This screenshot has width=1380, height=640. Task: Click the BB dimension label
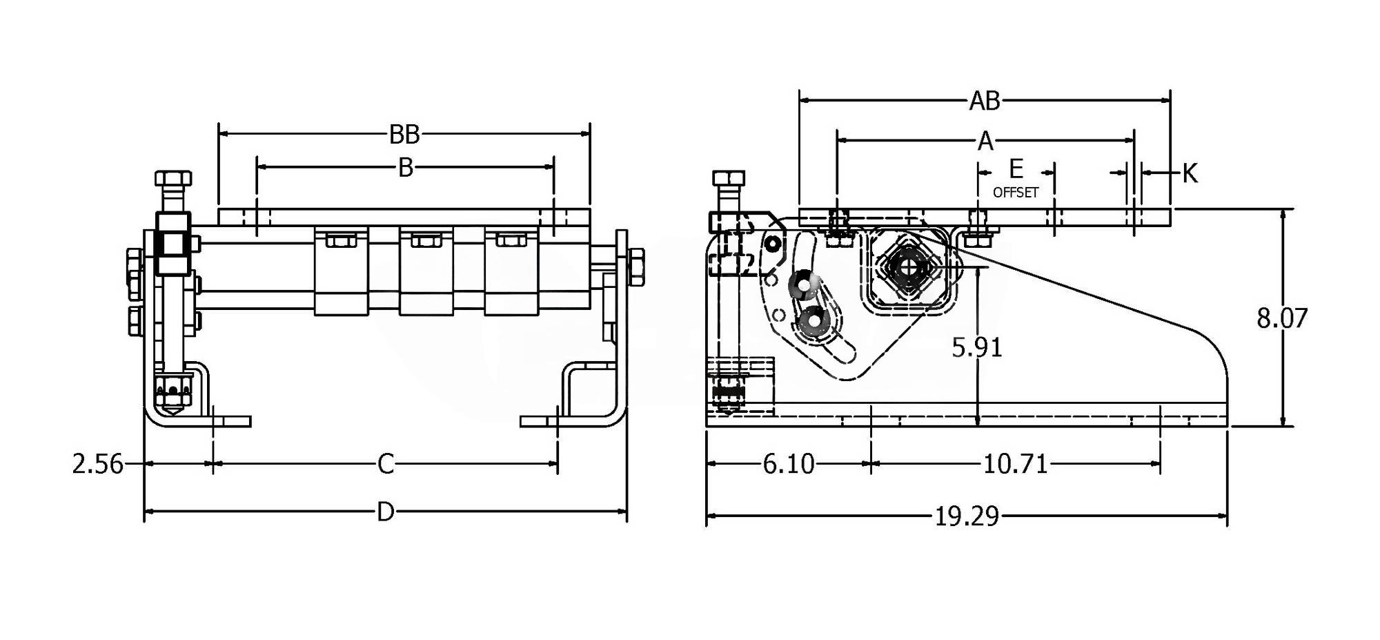click(404, 135)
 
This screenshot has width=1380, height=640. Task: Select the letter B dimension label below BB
click(406, 168)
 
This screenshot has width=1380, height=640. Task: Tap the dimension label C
click(386, 464)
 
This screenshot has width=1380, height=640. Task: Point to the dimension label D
click(386, 512)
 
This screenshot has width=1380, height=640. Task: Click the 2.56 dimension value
click(98, 464)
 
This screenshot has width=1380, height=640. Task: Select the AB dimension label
click(985, 101)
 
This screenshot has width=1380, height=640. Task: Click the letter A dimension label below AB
click(985, 142)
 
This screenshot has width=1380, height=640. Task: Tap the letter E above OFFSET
click(1016, 168)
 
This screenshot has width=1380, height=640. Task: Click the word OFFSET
click(1016, 193)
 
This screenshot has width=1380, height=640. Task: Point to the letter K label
click(1190, 173)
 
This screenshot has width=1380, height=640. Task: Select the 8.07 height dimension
click(1282, 318)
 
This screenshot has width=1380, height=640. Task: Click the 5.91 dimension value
click(977, 347)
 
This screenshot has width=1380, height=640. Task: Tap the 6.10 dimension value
click(789, 464)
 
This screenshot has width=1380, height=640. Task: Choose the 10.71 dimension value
click(1016, 464)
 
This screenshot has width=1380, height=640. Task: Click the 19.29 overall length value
click(967, 516)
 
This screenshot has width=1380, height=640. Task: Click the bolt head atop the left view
click(173, 179)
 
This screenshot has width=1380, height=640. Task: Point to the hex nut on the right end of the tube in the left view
click(636, 266)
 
